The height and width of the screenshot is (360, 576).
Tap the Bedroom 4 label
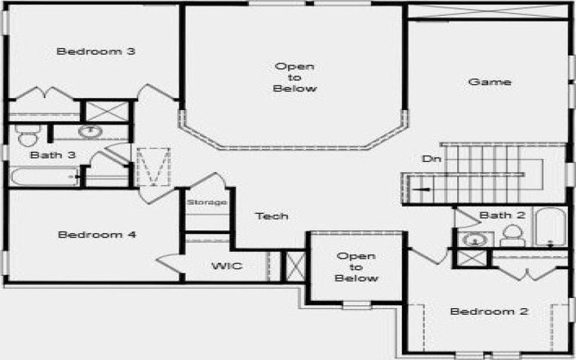[x=97, y=235]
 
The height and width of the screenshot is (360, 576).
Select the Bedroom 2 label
[x=490, y=312]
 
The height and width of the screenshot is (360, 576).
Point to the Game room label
[x=490, y=82]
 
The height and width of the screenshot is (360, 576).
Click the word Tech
[x=272, y=216]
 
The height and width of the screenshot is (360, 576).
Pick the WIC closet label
[x=227, y=266]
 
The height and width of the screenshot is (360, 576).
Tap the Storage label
[x=207, y=202]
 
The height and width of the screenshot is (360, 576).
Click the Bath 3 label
[x=53, y=155]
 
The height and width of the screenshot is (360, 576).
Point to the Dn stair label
[x=431, y=159]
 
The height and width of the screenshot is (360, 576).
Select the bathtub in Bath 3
[x=43, y=176]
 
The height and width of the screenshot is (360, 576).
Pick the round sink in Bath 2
[x=473, y=239]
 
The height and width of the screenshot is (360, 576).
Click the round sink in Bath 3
[x=89, y=131]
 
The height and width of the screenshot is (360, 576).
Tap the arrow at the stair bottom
[x=421, y=189]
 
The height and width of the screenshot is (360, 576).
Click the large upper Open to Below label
[x=295, y=78]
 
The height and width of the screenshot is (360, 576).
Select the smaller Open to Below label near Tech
[x=356, y=267]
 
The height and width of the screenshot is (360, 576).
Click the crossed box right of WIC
[x=294, y=266]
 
